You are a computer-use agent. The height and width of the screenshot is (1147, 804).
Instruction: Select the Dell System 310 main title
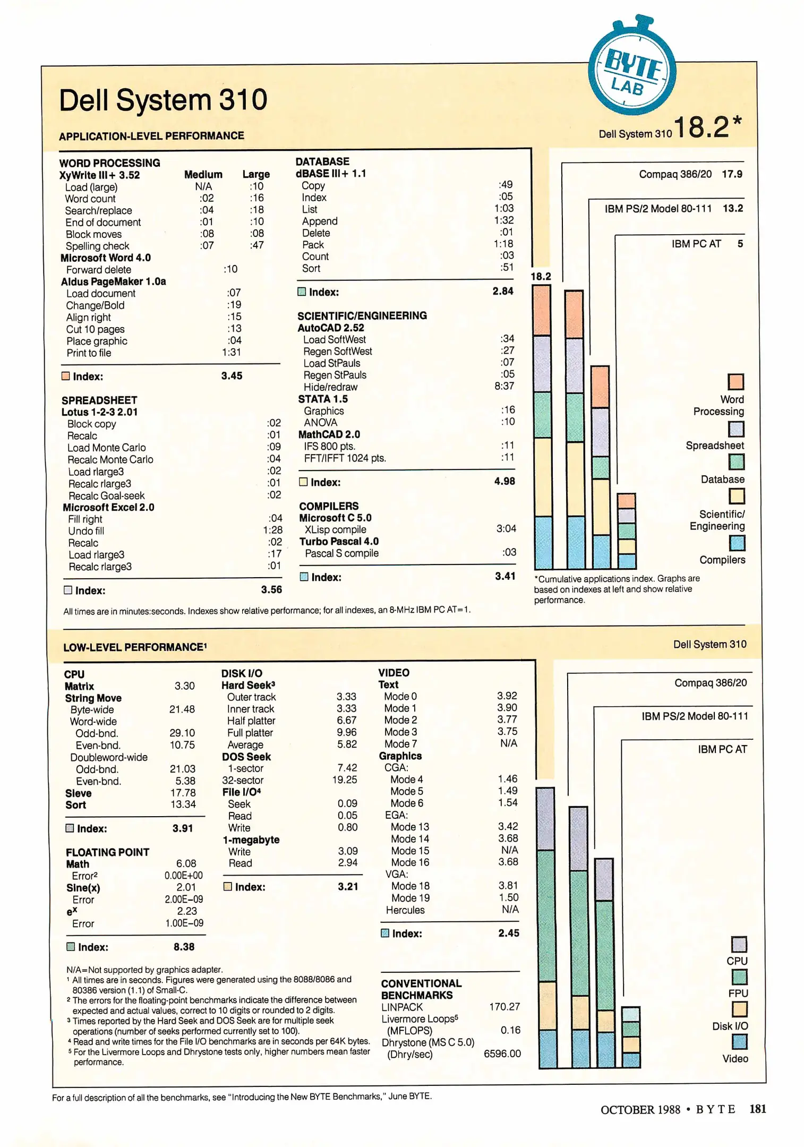163,100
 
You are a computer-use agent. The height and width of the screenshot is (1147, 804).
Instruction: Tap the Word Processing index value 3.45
232,376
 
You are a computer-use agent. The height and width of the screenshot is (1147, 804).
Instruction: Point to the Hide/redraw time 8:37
504,386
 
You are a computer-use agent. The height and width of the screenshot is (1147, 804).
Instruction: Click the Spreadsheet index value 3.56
271,590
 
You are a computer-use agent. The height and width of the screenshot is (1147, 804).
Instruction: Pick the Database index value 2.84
503,291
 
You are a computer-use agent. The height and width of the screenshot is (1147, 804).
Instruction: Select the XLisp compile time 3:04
506,529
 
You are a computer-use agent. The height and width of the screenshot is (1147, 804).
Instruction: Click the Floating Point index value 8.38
184,947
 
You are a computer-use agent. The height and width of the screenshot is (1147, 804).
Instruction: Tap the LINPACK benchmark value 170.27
504,1007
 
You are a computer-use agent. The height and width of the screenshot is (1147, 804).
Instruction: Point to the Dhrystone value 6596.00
502,1054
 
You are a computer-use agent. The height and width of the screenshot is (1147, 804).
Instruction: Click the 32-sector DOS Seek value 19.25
345,780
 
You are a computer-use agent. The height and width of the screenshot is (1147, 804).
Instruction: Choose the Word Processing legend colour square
735,382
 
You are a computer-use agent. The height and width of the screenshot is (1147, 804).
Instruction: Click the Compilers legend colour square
737,543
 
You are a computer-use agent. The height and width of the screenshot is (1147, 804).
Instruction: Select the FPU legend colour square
739,977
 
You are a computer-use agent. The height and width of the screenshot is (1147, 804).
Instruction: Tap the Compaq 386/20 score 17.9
732,174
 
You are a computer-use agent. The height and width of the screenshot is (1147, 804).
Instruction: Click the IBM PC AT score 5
740,244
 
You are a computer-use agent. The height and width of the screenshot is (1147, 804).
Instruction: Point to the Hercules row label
405,910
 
